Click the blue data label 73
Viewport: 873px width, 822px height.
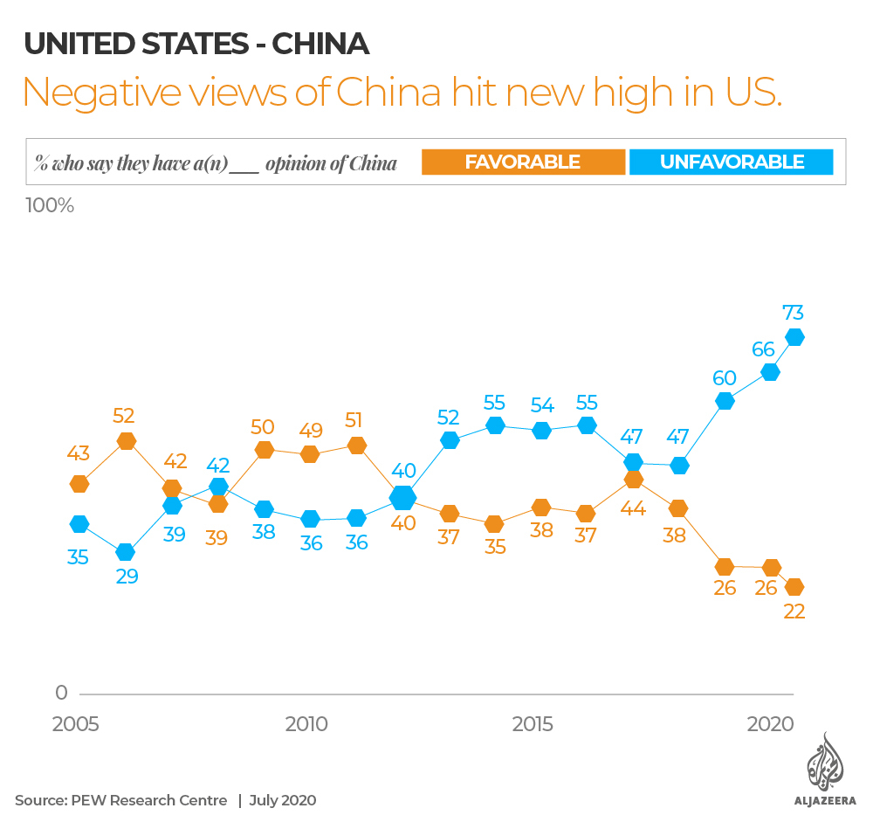(x=794, y=312)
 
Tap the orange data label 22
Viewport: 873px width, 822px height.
(x=794, y=611)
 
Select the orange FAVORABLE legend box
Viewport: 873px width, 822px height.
(x=522, y=162)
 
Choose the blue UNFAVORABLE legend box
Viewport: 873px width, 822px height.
(x=732, y=162)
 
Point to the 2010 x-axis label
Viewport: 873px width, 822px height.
(x=306, y=724)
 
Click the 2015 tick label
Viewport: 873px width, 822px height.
(x=532, y=724)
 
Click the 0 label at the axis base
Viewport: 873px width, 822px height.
(x=61, y=693)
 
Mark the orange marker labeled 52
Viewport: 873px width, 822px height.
(x=127, y=441)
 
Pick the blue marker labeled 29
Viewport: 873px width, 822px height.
(x=126, y=552)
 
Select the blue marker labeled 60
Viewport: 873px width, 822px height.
(x=725, y=401)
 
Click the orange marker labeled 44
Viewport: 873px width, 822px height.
(x=634, y=480)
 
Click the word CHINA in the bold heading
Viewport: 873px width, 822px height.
(x=320, y=44)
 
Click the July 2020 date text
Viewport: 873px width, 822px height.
(x=283, y=800)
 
